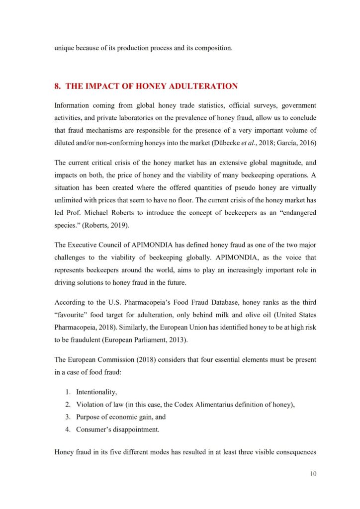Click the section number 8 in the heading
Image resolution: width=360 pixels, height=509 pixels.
(57, 86)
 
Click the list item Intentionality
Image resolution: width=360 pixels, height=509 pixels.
(96, 392)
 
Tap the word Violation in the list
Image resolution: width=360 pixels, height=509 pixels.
(90, 405)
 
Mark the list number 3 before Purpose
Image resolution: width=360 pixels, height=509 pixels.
(69, 417)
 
